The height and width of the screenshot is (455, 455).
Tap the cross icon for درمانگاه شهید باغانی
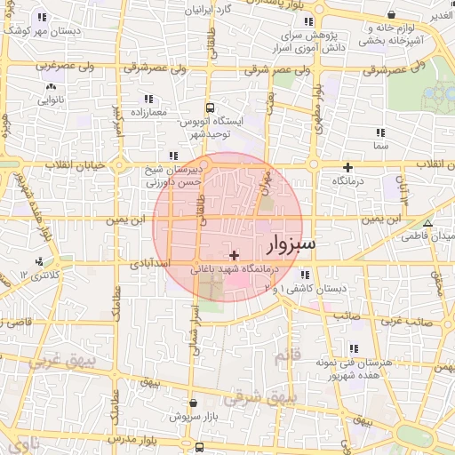point(234,256)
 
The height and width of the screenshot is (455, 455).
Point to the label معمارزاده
point(143,112)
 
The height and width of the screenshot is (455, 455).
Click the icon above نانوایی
point(49,87)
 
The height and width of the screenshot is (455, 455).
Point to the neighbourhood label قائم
point(301,355)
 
